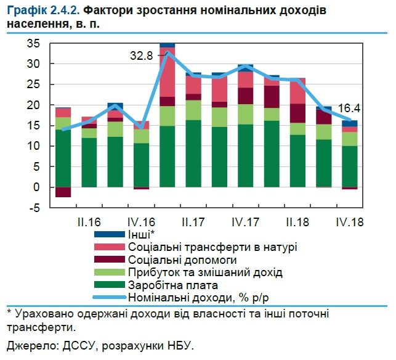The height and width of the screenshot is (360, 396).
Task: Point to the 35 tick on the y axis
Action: click(33, 43)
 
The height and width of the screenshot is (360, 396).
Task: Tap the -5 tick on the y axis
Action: click(34, 208)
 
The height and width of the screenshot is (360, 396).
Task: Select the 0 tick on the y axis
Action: click(36, 187)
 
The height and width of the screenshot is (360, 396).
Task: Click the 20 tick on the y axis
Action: click(33, 105)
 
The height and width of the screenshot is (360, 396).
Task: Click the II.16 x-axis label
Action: click(89, 221)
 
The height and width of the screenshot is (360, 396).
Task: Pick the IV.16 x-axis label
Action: click(141, 221)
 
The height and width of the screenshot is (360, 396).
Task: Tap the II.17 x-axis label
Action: click(193, 221)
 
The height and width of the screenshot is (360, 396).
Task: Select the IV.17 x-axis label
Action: click(244, 221)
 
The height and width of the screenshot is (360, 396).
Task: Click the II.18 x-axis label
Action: click(297, 221)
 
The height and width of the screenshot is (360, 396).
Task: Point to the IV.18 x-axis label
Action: click(349, 221)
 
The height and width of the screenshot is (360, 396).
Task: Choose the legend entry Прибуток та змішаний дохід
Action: click(206, 273)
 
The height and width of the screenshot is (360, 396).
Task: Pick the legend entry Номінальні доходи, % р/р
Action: click(198, 298)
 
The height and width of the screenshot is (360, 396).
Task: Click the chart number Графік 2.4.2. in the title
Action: click(44, 11)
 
